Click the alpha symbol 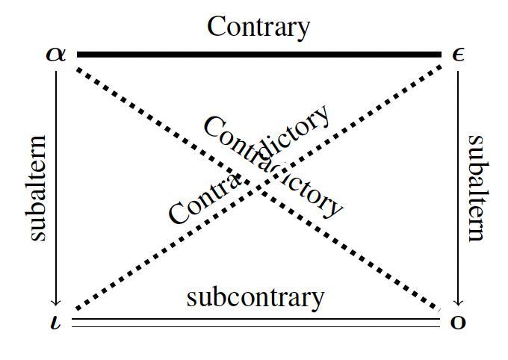pos(56,55)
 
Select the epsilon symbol pos(459,55)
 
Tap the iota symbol pos(55,323)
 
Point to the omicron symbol pos(458,323)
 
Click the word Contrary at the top pos(258,27)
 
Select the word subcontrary pos(255,297)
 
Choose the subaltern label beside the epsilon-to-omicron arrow pos(477,187)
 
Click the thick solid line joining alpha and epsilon pos(258,55)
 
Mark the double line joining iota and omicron pos(258,323)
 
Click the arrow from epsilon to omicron pos(458,187)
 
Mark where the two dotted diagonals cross pos(258,184)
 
